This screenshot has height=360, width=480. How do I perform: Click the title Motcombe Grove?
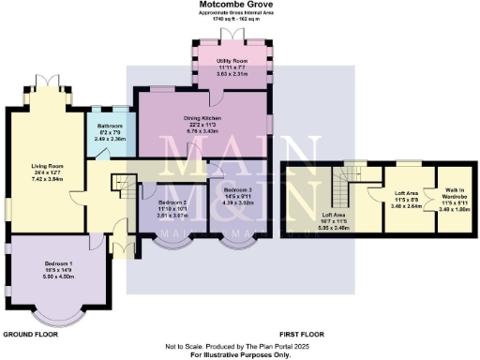tap(240, 5)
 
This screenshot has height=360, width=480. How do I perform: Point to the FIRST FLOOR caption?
tap(302, 334)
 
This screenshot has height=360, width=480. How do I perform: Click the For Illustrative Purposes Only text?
tap(240, 354)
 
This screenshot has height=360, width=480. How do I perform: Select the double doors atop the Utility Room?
tap(230, 34)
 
